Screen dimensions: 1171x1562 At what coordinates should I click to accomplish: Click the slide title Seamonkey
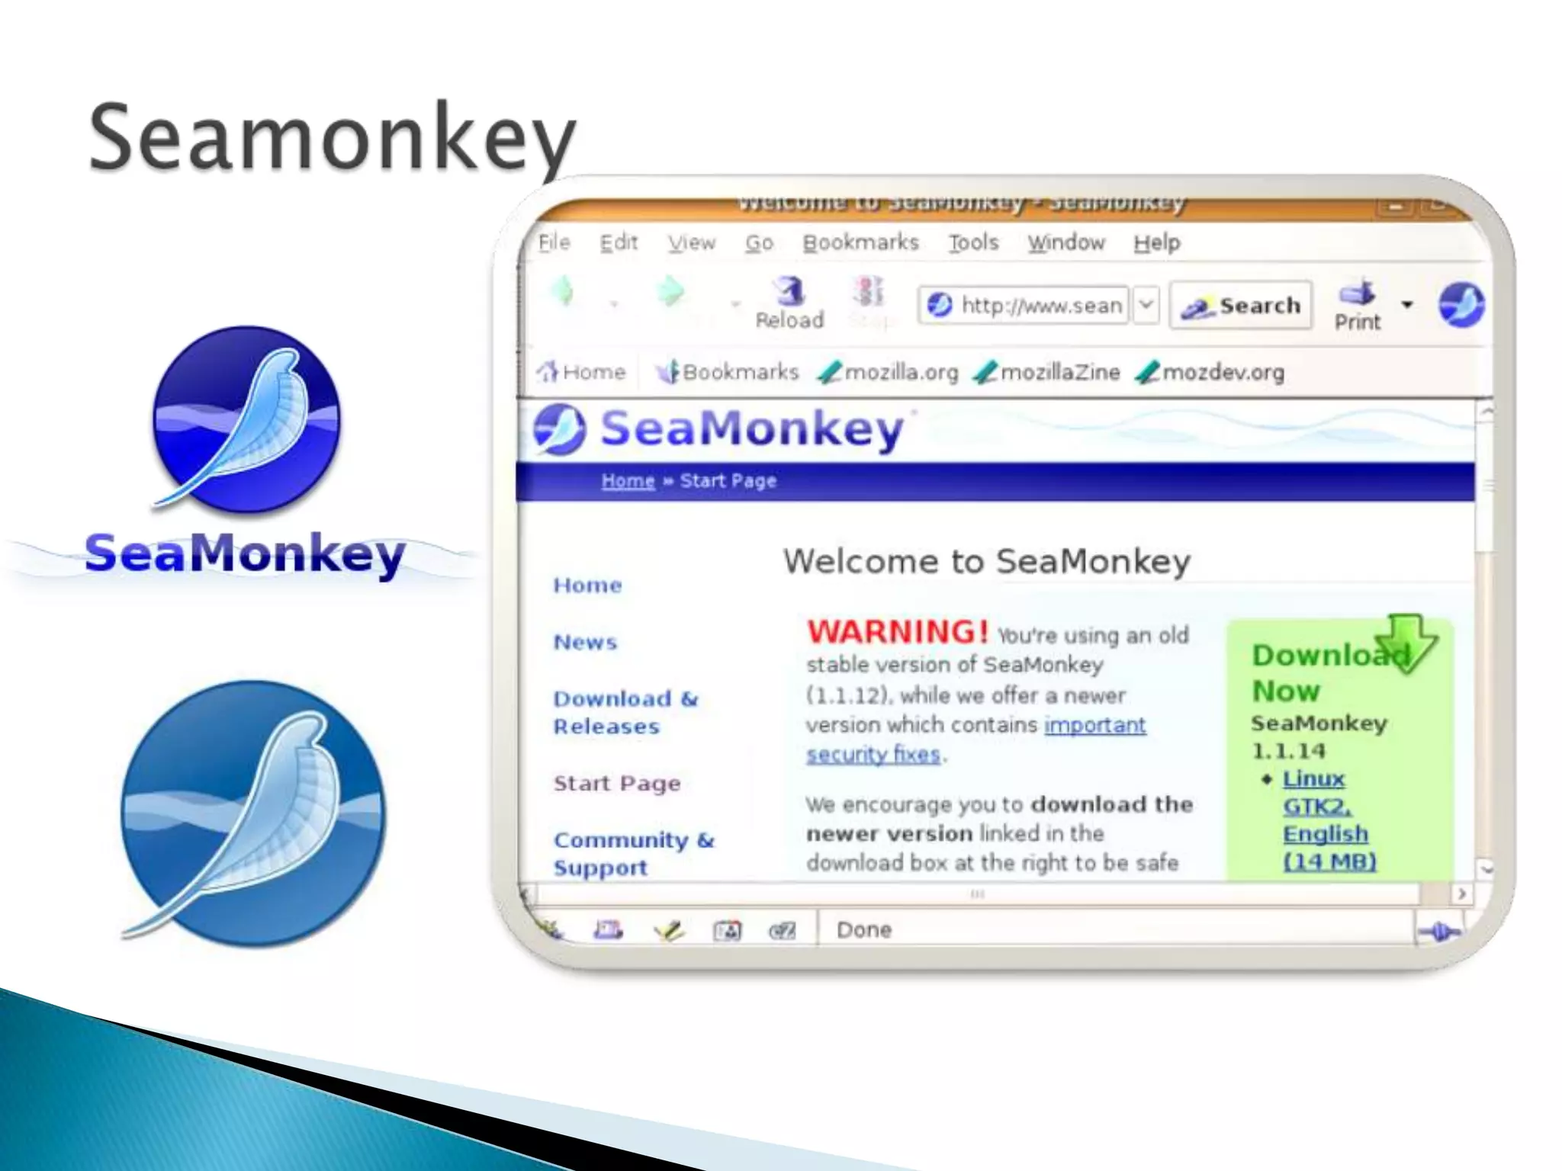333,138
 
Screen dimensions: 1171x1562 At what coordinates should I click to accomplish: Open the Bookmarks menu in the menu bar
860,242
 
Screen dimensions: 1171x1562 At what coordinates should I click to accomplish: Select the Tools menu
973,242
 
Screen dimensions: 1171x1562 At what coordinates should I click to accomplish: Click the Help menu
1156,243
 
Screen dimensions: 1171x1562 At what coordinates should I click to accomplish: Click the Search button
1241,306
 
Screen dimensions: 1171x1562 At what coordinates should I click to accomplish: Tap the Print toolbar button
1357,306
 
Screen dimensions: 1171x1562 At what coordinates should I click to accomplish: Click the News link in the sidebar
585,642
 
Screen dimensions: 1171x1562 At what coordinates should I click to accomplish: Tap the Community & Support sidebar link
633,853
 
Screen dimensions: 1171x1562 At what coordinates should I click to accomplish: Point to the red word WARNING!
898,632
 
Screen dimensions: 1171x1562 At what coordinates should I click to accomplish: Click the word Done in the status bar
863,930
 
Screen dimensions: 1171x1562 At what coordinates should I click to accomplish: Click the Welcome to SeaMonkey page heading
986,562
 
